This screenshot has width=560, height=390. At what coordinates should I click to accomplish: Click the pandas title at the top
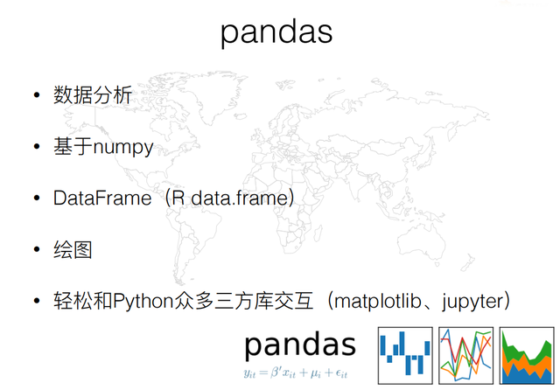(276, 33)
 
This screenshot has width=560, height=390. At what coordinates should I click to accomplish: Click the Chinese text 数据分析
(93, 95)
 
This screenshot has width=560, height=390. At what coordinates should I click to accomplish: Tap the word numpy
(123, 148)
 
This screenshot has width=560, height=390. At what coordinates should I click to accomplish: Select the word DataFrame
(102, 198)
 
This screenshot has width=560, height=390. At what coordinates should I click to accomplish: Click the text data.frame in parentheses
(239, 198)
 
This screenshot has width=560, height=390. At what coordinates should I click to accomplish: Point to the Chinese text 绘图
(73, 250)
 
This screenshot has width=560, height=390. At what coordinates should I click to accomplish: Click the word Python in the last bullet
(143, 302)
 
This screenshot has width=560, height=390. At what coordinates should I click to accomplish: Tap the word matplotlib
(378, 301)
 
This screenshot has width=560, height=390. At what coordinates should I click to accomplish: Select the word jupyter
(472, 302)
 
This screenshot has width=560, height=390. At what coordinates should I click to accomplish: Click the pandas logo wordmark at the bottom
(300, 345)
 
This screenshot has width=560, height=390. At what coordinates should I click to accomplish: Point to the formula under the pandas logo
(296, 373)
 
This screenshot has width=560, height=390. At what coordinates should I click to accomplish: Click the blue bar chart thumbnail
(405, 355)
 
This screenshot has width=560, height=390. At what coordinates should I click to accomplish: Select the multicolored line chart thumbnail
(466, 355)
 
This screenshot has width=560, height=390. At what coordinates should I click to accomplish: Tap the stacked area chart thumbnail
(527, 355)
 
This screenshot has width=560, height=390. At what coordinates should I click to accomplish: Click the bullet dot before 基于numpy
(37, 146)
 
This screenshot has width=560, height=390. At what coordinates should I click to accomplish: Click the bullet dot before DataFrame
(37, 198)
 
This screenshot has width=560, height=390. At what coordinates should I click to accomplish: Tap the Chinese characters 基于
(73, 146)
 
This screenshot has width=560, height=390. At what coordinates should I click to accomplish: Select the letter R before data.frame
(178, 198)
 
